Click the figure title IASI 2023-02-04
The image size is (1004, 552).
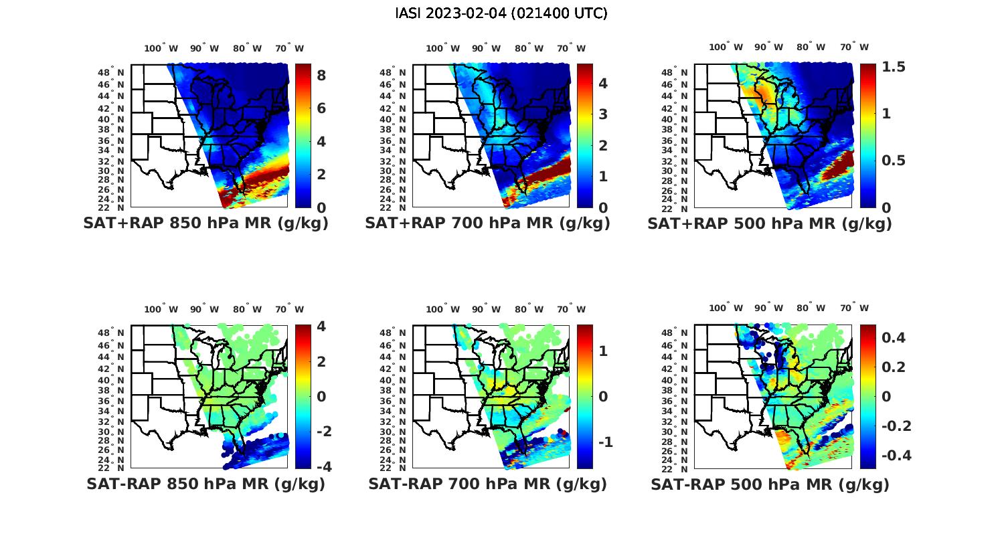[x=501, y=13]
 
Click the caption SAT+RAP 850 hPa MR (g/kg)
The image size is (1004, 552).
[x=205, y=224]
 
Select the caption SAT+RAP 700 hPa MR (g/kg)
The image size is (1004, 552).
[x=487, y=224]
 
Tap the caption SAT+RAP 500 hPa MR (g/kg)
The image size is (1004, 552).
[x=770, y=224]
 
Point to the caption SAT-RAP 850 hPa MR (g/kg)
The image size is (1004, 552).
[x=205, y=484]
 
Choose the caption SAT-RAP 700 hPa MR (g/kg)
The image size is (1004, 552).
[x=487, y=484]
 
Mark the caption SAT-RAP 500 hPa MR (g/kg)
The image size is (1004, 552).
[x=770, y=484]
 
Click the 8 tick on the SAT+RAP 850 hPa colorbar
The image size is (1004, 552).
[x=321, y=76]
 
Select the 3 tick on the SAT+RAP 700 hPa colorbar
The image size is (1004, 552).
[x=602, y=114]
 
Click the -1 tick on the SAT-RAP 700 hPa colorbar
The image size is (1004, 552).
[x=604, y=442]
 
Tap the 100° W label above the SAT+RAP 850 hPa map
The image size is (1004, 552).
[x=161, y=49]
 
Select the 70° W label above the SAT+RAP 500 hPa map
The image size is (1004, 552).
[x=853, y=48]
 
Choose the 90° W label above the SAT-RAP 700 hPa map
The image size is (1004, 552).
[x=486, y=309]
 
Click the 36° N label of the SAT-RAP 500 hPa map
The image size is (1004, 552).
[x=675, y=401]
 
